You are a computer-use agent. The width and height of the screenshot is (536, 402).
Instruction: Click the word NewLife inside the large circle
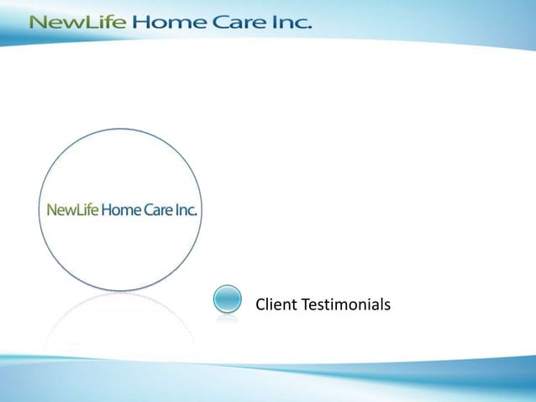pos(72,209)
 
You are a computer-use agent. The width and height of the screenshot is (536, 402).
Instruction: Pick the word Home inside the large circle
pos(120,209)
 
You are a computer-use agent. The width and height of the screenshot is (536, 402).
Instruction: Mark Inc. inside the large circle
pos(187,209)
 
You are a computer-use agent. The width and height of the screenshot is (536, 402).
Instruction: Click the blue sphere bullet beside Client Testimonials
pos(227,300)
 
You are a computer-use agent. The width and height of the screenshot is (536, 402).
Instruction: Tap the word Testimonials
pos(346,304)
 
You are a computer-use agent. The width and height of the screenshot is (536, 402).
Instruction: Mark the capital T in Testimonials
pos(305,304)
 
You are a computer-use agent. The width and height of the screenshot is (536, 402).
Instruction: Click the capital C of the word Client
pos(260,304)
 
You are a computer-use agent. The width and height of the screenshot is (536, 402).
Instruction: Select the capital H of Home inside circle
pos(106,209)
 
